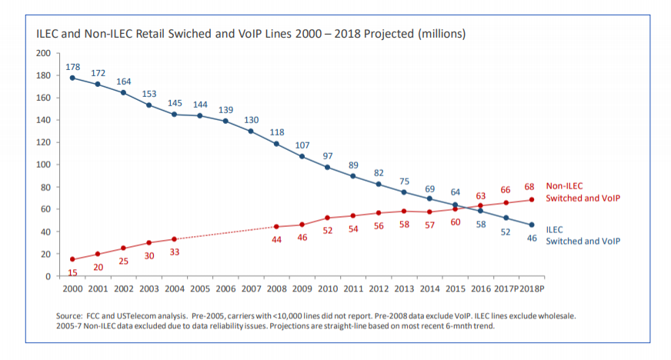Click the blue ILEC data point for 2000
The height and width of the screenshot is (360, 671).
[x=72, y=78]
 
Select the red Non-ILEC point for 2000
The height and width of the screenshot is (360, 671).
[x=72, y=259]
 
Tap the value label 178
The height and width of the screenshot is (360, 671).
[x=72, y=68]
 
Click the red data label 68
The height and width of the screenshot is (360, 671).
[x=529, y=187]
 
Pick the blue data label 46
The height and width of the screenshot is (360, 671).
[x=530, y=238]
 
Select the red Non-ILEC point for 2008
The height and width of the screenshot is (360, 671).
[x=276, y=227]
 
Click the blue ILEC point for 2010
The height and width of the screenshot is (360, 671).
[x=327, y=167]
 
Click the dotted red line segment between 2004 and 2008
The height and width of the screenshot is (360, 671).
[x=225, y=233]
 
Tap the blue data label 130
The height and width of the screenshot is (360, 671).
[x=251, y=120]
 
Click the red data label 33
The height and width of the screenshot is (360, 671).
[x=174, y=252]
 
